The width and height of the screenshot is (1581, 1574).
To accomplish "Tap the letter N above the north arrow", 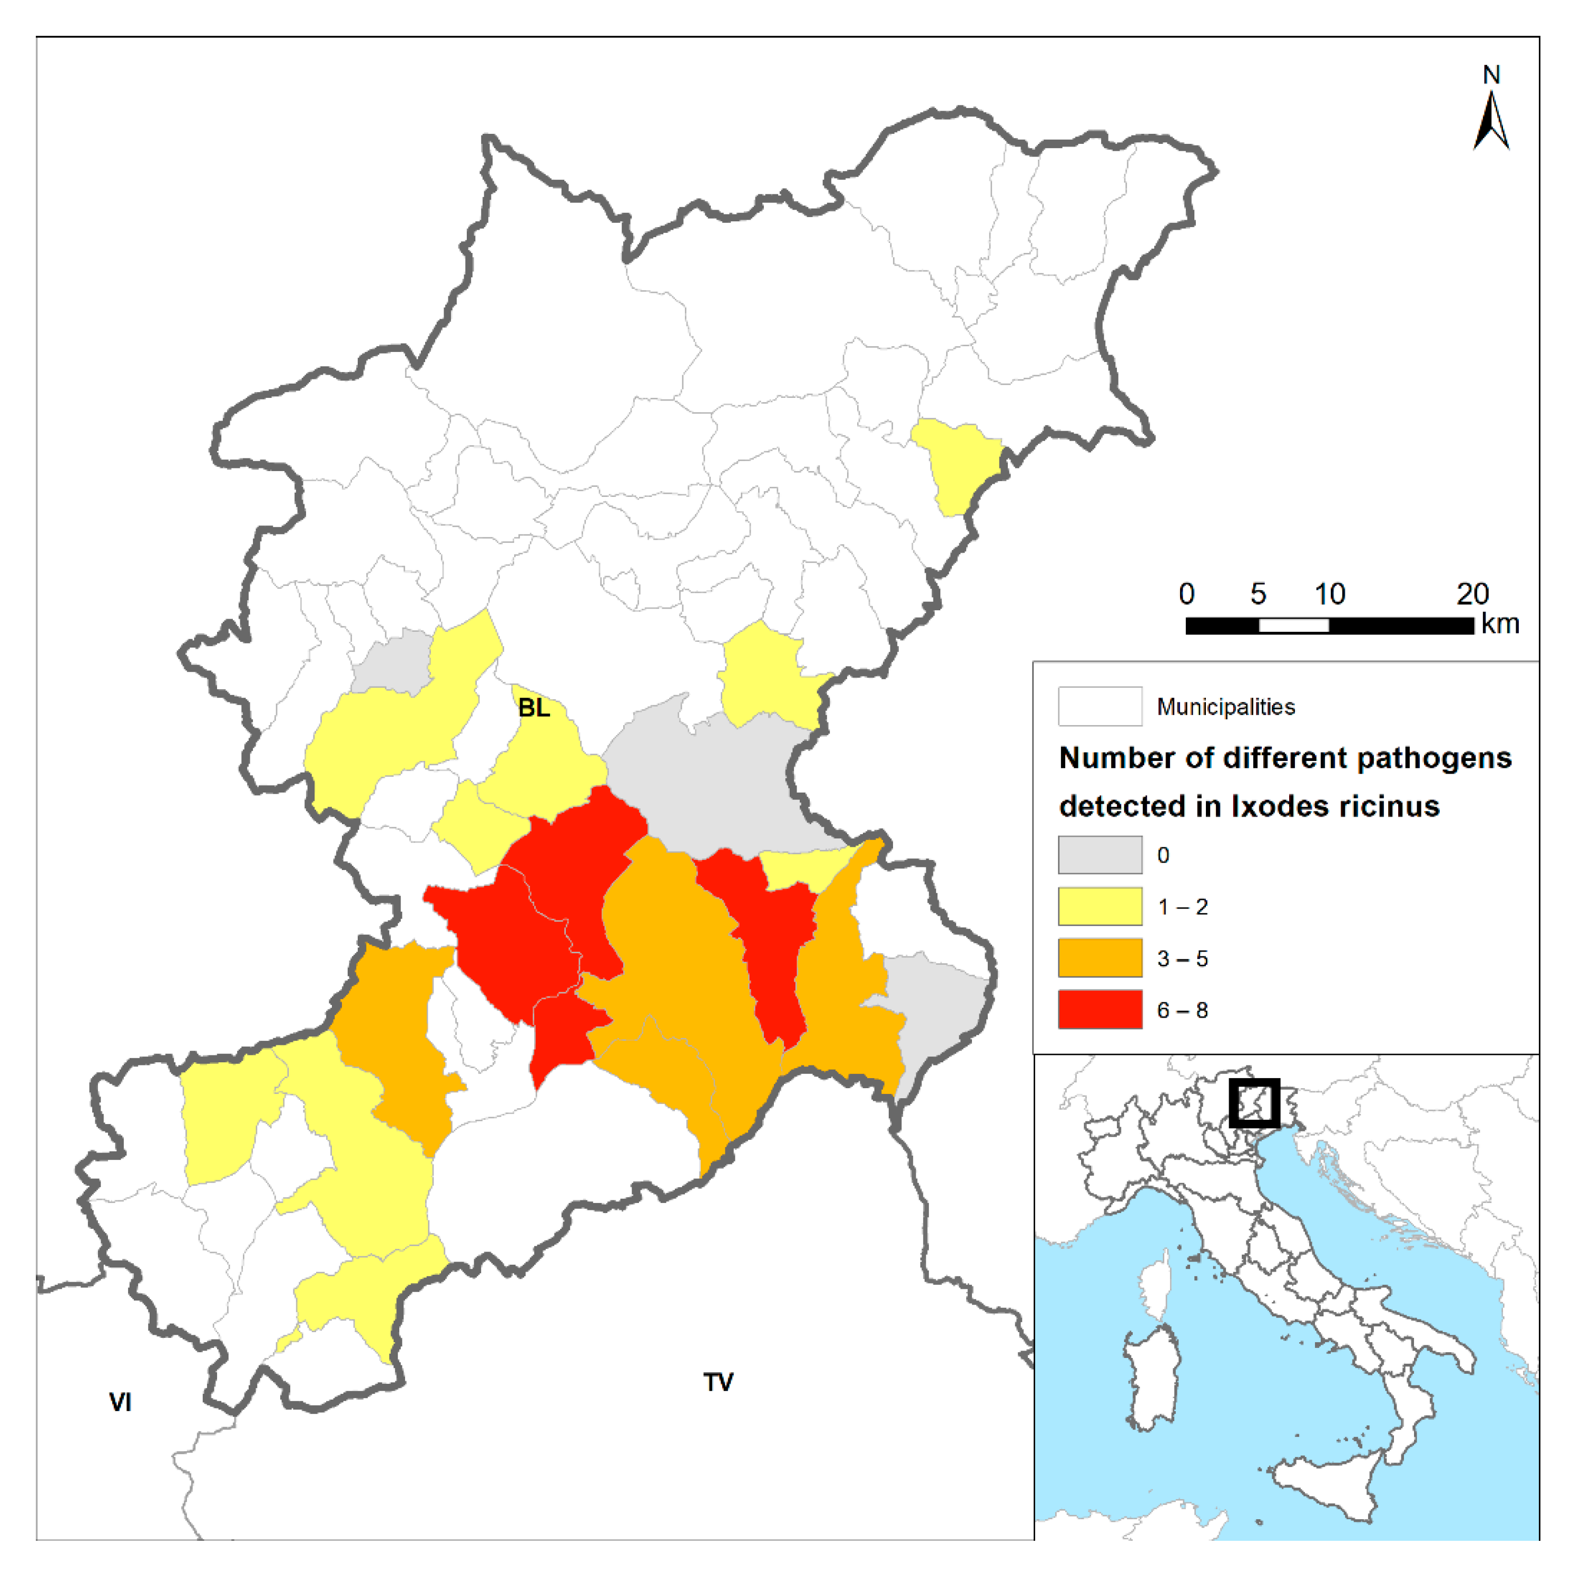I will pos(1491,75).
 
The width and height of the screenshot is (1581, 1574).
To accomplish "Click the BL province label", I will pos(534,708).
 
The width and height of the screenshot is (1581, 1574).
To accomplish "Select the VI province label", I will pos(120,1402).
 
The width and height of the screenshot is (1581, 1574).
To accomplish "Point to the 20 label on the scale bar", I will pos(1472,593).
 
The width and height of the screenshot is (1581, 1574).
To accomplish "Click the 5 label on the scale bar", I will pos(1258,593).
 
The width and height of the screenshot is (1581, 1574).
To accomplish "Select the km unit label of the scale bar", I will pos(1500,624).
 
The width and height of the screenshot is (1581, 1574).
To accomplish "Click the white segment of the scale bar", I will pos(1293,626).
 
